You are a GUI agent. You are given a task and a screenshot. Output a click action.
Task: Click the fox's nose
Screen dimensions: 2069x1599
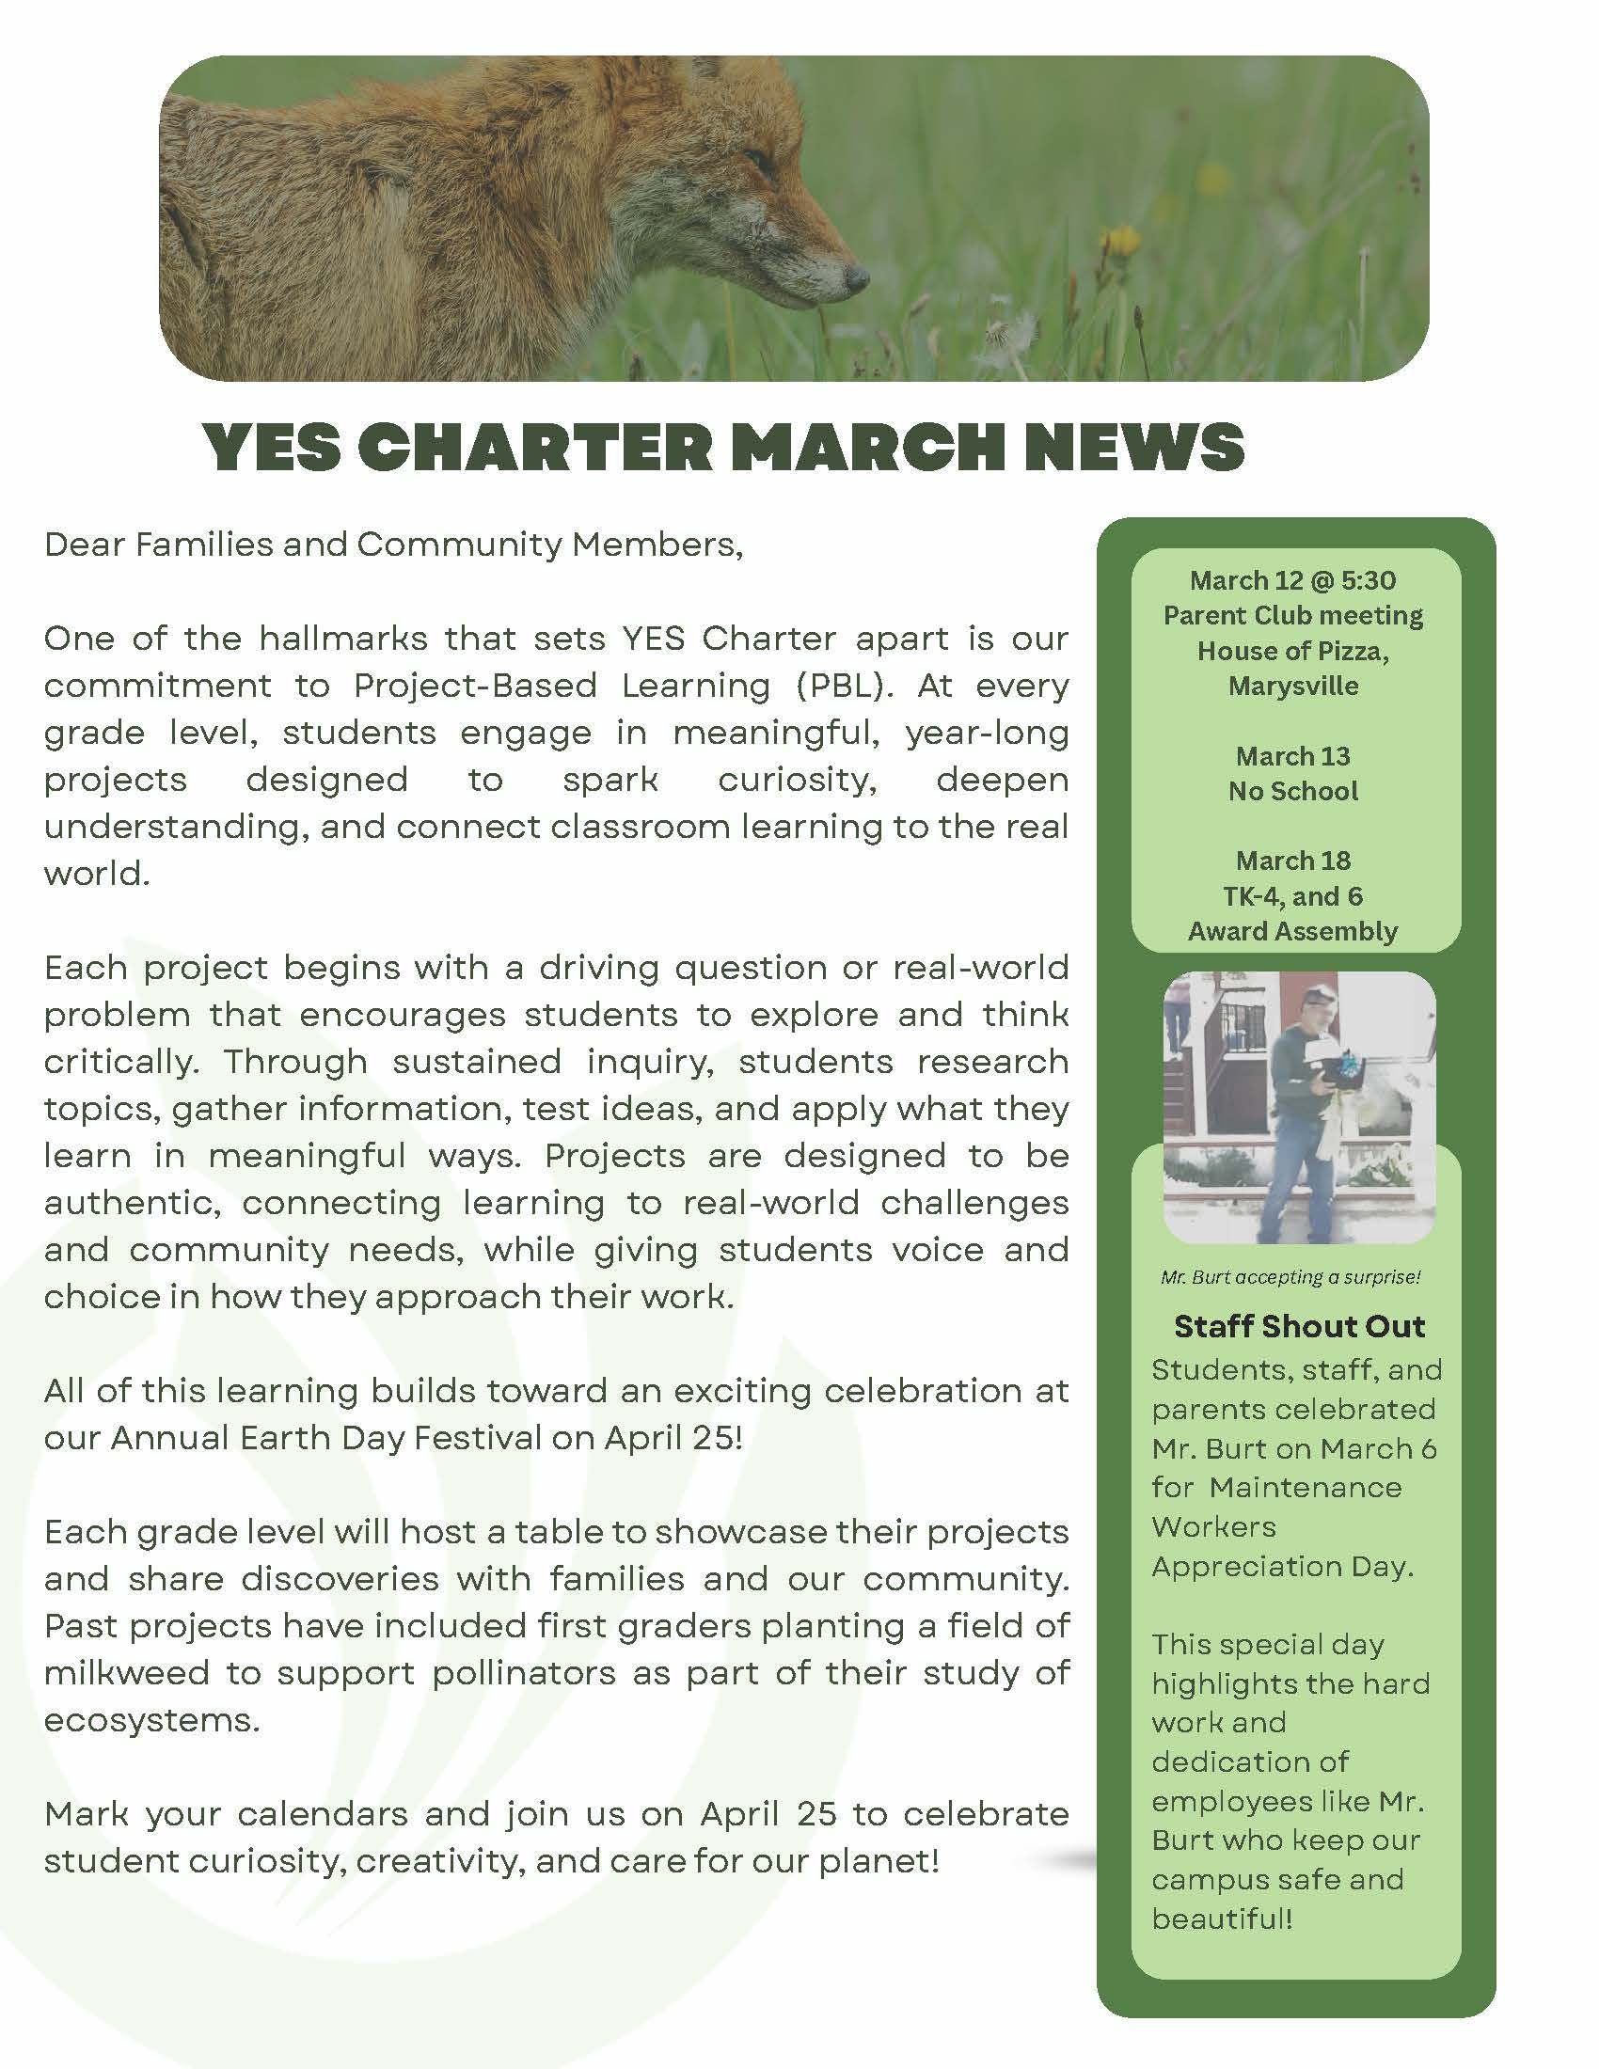856,277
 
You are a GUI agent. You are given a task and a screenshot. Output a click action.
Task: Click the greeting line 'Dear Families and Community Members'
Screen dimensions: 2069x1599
393,545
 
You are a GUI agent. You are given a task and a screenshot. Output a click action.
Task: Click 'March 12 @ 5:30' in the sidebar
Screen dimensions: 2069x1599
1293,579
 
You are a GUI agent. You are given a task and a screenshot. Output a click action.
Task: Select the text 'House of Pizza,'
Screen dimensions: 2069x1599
1293,651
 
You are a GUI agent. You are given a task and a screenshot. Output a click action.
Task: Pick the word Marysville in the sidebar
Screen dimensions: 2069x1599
1293,686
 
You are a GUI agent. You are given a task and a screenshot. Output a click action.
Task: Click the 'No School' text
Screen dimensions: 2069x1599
1293,791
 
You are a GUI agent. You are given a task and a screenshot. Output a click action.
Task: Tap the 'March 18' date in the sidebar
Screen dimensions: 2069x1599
1293,861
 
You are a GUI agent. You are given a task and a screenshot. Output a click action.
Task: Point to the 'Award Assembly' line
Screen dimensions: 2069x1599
1293,931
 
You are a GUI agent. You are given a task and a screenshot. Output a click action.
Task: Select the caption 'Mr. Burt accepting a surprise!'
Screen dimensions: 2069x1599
1291,1277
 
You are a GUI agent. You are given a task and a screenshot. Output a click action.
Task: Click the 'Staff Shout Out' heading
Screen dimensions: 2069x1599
1299,1326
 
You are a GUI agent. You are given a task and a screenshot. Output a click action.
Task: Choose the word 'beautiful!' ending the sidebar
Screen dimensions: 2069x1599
1222,1919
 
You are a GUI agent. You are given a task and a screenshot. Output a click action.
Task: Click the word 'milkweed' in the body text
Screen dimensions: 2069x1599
126,1673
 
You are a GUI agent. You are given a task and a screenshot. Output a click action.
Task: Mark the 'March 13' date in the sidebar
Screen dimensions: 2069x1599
1293,756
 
